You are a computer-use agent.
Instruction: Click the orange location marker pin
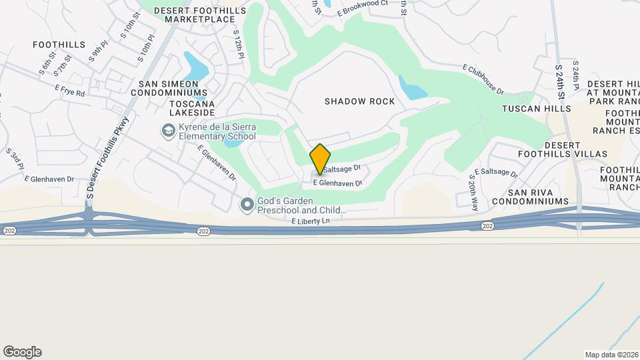click(320, 159)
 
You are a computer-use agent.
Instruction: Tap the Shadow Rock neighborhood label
click(359, 101)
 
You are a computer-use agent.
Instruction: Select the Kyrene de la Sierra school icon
click(168, 130)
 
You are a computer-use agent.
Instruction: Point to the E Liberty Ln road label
click(311, 221)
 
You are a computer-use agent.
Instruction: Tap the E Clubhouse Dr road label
click(483, 79)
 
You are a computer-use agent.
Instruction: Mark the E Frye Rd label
click(70, 91)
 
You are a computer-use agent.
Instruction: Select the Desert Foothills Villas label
click(575, 149)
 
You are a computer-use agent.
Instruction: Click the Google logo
click(22, 352)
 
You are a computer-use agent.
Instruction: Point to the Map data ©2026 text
click(611, 355)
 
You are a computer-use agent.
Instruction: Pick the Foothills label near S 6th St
click(59, 45)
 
